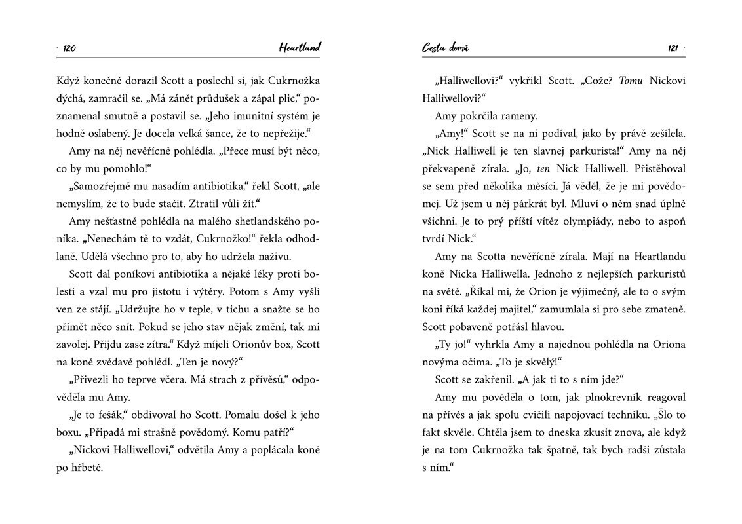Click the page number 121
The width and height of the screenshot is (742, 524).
(x=672, y=48)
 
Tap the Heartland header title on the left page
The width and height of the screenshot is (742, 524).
(x=299, y=47)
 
